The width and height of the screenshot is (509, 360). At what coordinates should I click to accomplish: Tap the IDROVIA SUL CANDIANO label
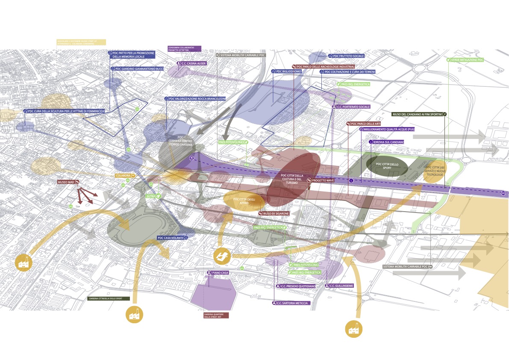point(386,142)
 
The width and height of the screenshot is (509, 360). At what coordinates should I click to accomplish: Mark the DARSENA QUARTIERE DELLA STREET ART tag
point(216,315)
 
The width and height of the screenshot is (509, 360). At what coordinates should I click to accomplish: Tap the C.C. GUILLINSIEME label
point(340,286)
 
